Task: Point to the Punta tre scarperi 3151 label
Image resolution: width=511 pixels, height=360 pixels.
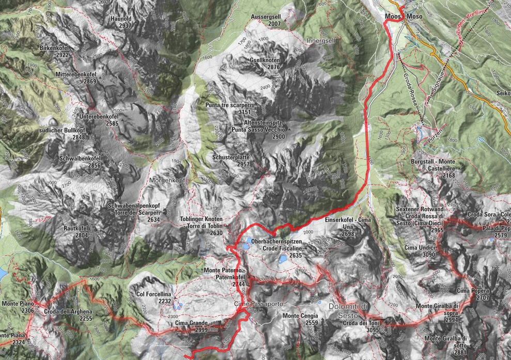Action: pos(228,108)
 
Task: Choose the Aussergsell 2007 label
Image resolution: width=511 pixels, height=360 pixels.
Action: pos(267,20)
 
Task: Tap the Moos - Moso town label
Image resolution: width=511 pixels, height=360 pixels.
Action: pos(404,17)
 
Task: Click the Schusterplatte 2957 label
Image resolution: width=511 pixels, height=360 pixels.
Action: pos(231,160)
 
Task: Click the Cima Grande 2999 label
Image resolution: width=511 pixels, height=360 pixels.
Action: pos(191,326)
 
